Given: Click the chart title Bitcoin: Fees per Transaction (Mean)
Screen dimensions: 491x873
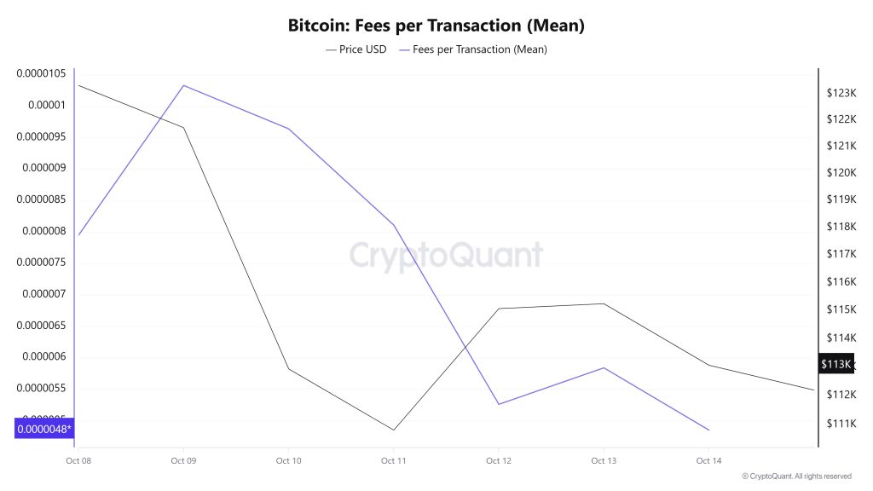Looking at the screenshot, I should click(436, 26).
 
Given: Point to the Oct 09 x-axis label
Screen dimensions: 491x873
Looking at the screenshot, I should click(183, 461).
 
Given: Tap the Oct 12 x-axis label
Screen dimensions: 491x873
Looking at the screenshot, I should click(499, 461).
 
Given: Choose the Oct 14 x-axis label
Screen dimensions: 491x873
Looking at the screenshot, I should click(708, 461).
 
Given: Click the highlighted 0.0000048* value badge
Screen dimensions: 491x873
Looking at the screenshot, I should click(43, 429).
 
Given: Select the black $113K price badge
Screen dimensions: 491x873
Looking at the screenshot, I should click(835, 365).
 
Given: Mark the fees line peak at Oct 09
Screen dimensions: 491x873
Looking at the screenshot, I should click(183, 85).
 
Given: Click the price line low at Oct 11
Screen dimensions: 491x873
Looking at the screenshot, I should click(394, 430).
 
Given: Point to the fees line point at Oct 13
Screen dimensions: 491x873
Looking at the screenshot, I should click(604, 367).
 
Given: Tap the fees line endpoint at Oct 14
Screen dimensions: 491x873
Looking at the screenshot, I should click(708, 430).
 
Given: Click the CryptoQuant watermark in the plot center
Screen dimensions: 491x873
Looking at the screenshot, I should click(446, 255).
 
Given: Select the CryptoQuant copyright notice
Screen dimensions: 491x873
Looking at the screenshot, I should click(796, 477).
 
